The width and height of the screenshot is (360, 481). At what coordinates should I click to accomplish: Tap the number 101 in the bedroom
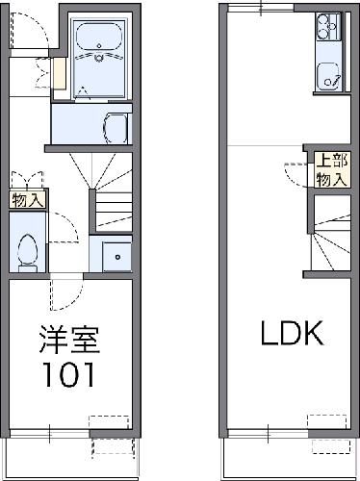click(x=67, y=372)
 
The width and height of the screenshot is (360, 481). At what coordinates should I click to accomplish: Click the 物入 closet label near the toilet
click(x=27, y=200)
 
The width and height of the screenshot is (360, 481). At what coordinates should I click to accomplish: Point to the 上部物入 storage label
click(x=330, y=170)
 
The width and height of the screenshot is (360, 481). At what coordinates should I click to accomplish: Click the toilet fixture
click(x=28, y=250)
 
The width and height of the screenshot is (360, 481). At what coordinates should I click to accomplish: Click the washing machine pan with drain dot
click(x=112, y=254)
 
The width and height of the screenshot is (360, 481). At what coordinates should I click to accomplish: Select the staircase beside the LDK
click(x=327, y=236)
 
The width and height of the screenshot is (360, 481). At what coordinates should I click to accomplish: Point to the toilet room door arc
click(x=62, y=230)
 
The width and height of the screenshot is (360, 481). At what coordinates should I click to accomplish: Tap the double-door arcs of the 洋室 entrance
click(x=65, y=288)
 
